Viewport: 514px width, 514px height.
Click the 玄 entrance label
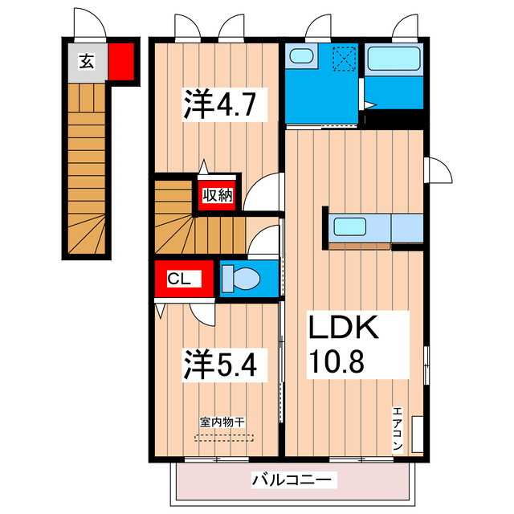85,59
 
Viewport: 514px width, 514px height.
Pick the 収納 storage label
217,194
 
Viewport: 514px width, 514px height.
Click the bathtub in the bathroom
394,59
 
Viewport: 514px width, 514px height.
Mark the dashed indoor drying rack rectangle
224,438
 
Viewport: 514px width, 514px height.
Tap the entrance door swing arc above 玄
88,23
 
